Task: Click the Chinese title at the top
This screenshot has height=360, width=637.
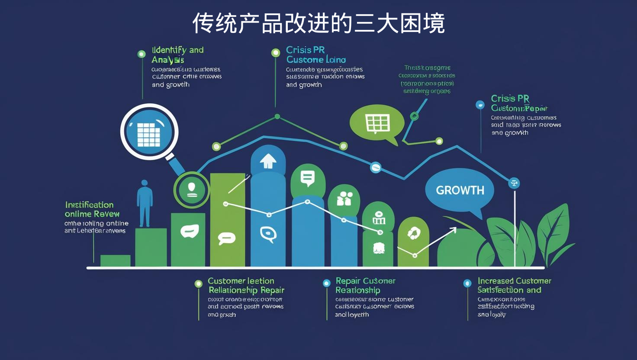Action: [318, 23]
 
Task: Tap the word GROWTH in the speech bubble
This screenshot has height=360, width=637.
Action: [460, 190]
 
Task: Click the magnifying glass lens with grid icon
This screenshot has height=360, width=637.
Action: [149, 132]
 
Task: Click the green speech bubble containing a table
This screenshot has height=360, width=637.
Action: [377, 123]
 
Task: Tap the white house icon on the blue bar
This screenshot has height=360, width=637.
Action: [268, 161]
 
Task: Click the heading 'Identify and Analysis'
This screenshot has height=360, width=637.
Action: [177, 55]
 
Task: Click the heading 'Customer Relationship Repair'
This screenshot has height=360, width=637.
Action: [245, 286]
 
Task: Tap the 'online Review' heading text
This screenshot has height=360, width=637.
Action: [92, 214]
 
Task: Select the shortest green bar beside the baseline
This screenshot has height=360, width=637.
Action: [115, 260]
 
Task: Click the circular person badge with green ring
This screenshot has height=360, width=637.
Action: [191, 190]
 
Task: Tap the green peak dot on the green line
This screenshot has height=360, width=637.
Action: [277, 116]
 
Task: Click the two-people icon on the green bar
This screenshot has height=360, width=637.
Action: [344, 199]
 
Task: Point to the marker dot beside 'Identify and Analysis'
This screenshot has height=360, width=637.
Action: [142, 54]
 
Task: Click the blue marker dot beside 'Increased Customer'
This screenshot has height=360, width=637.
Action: [467, 283]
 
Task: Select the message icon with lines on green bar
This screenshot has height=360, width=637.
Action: [308, 177]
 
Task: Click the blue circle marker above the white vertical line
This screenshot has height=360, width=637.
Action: [514, 183]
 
